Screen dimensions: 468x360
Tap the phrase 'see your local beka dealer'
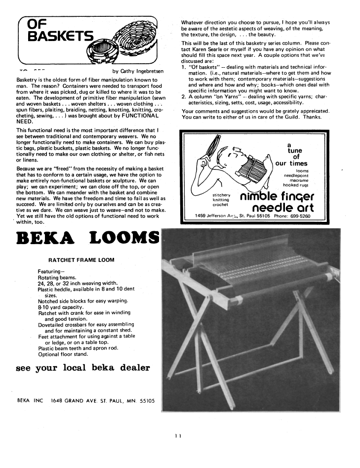pyautogui.click(x=83, y=368)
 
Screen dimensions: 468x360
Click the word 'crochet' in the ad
pyautogui.click(x=220, y=205)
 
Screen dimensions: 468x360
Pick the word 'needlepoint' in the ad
pyautogui.click(x=295, y=175)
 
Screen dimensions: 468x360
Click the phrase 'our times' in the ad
pyautogui.click(x=291, y=164)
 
